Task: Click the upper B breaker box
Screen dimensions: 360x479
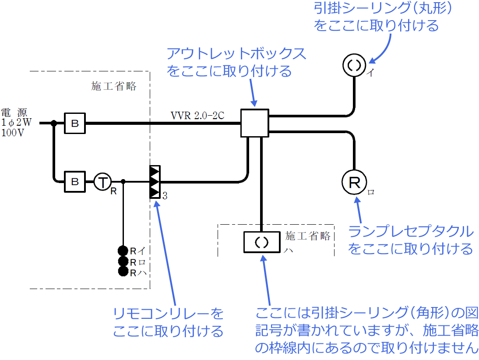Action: click(75, 123)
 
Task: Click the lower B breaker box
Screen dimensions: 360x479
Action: click(75, 180)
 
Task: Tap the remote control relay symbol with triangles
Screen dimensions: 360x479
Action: click(155, 181)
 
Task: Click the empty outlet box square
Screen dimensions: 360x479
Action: click(254, 123)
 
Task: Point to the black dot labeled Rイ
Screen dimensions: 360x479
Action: click(123, 251)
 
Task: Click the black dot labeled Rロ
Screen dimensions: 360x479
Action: click(123, 261)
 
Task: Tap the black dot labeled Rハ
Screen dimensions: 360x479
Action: click(123, 272)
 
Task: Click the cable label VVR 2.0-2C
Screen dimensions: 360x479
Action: click(197, 116)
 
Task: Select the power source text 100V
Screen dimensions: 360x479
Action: click(13, 133)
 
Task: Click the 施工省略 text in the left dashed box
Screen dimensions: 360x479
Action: click(114, 86)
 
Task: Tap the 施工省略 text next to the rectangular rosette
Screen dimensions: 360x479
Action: click(308, 236)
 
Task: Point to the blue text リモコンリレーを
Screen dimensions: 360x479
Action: click(168, 314)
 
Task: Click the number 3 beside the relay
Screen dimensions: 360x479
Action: click(165, 196)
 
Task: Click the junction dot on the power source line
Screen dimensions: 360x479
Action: click(54, 123)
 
